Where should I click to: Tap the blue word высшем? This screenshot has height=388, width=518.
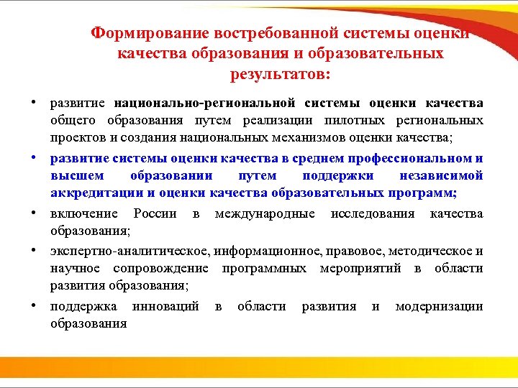pos(77,175)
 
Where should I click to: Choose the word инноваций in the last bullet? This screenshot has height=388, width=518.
pos(166,307)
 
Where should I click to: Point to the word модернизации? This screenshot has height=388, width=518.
pos(439,307)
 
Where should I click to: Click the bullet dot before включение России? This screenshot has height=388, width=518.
pos(35,213)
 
